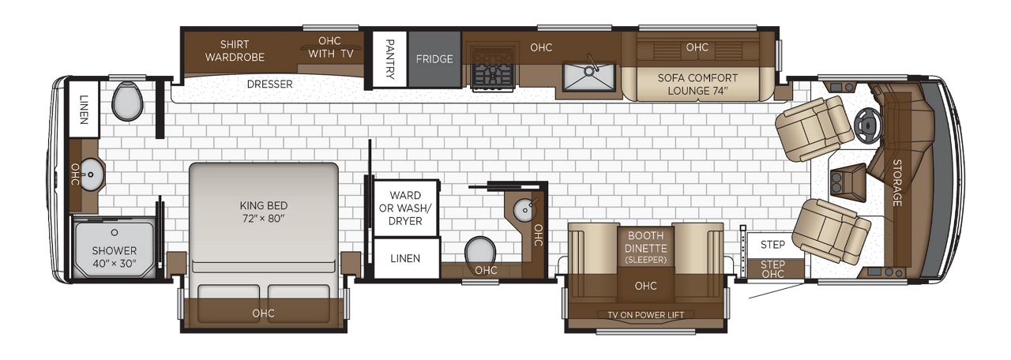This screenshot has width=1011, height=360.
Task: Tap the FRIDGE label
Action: click(434, 59)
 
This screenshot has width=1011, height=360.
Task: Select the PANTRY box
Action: click(389, 59)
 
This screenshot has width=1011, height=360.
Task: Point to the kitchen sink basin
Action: click(589, 77)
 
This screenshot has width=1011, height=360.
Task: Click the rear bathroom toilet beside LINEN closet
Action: click(127, 102)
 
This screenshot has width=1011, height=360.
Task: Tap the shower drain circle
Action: click(115, 233)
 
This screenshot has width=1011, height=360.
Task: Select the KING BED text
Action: click(264, 206)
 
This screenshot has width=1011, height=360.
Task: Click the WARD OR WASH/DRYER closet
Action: click(406, 208)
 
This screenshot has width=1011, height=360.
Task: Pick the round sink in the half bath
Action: click(525, 210)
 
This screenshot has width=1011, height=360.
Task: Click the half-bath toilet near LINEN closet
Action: click(480, 253)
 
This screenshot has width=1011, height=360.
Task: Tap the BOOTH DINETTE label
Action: click(646, 242)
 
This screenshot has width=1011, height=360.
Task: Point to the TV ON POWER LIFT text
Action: click(645, 315)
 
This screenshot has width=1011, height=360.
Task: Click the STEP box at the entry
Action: click(773, 245)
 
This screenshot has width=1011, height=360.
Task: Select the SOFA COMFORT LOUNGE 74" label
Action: click(697, 84)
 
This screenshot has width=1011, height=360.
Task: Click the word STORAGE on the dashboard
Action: click(897, 182)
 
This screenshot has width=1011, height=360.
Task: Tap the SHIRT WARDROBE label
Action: click(235, 51)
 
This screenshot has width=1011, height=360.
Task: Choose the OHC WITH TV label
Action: click(330, 47)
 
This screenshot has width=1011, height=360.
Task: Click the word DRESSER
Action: click(270, 84)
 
